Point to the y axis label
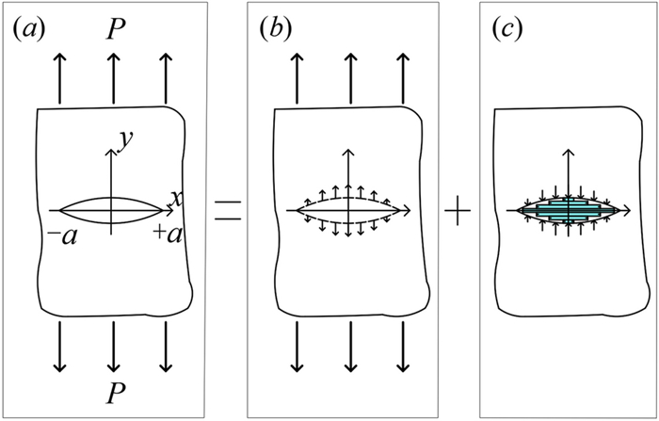tap(122, 138)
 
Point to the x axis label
tap(175, 198)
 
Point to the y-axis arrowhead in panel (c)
tap(567, 149)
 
